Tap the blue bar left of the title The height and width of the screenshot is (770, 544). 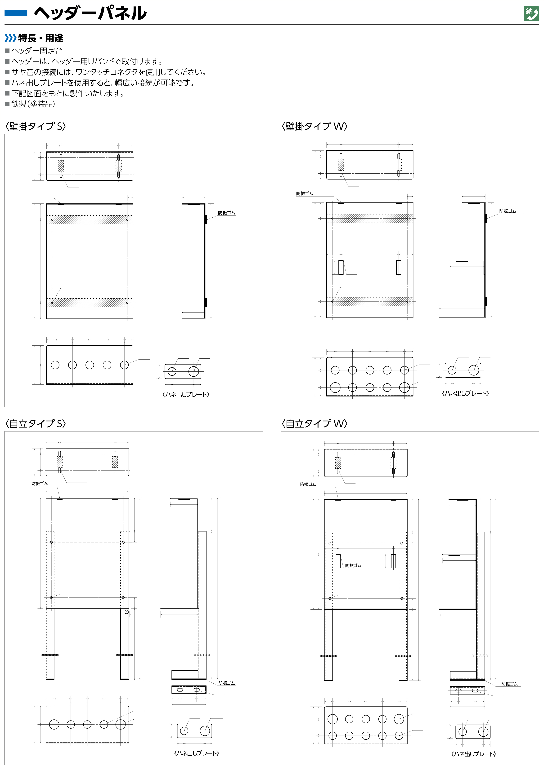16,13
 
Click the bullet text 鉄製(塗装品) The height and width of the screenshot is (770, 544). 33,104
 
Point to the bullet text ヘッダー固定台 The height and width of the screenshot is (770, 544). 37,51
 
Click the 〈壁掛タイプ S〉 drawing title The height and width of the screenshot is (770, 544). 36,126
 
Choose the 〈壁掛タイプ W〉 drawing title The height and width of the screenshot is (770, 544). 315,126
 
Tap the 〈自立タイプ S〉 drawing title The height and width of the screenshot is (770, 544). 36,424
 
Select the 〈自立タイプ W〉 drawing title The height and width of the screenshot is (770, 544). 315,424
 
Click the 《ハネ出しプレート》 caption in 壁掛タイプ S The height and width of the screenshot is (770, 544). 186,395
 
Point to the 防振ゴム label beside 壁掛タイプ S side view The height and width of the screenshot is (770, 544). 227,213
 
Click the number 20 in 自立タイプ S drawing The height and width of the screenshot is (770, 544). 126,612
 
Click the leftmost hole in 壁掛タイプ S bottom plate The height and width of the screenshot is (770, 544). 55,365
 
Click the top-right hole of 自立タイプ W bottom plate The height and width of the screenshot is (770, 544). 399,719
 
